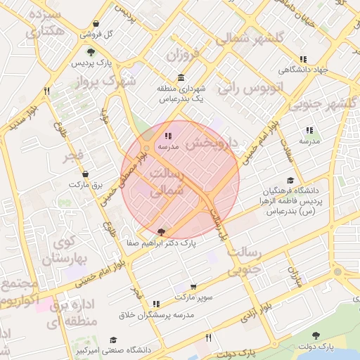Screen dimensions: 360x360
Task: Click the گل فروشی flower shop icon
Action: coord(96,23)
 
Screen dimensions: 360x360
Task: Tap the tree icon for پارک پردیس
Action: coord(91,51)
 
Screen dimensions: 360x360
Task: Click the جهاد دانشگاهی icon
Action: coord(303,59)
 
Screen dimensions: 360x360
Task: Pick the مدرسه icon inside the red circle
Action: coord(167,136)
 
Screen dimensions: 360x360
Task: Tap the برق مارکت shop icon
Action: coord(86,173)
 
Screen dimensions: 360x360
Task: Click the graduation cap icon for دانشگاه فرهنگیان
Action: coord(290,180)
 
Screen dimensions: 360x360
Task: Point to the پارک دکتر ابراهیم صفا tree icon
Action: coord(162,231)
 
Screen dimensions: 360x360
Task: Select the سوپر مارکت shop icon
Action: coord(193,287)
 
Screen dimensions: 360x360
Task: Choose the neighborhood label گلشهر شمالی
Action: coord(251,37)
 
